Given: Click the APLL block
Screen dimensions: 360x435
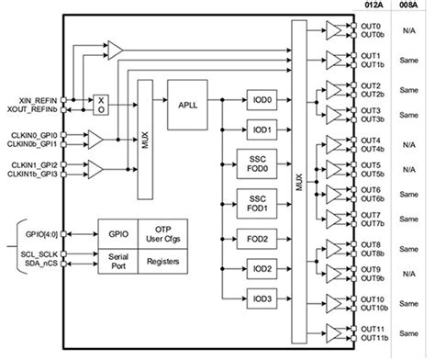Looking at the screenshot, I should click(x=188, y=104).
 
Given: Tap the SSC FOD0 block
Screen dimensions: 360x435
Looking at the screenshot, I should click(x=257, y=163).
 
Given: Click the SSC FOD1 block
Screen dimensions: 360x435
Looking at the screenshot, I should click(x=257, y=200).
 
